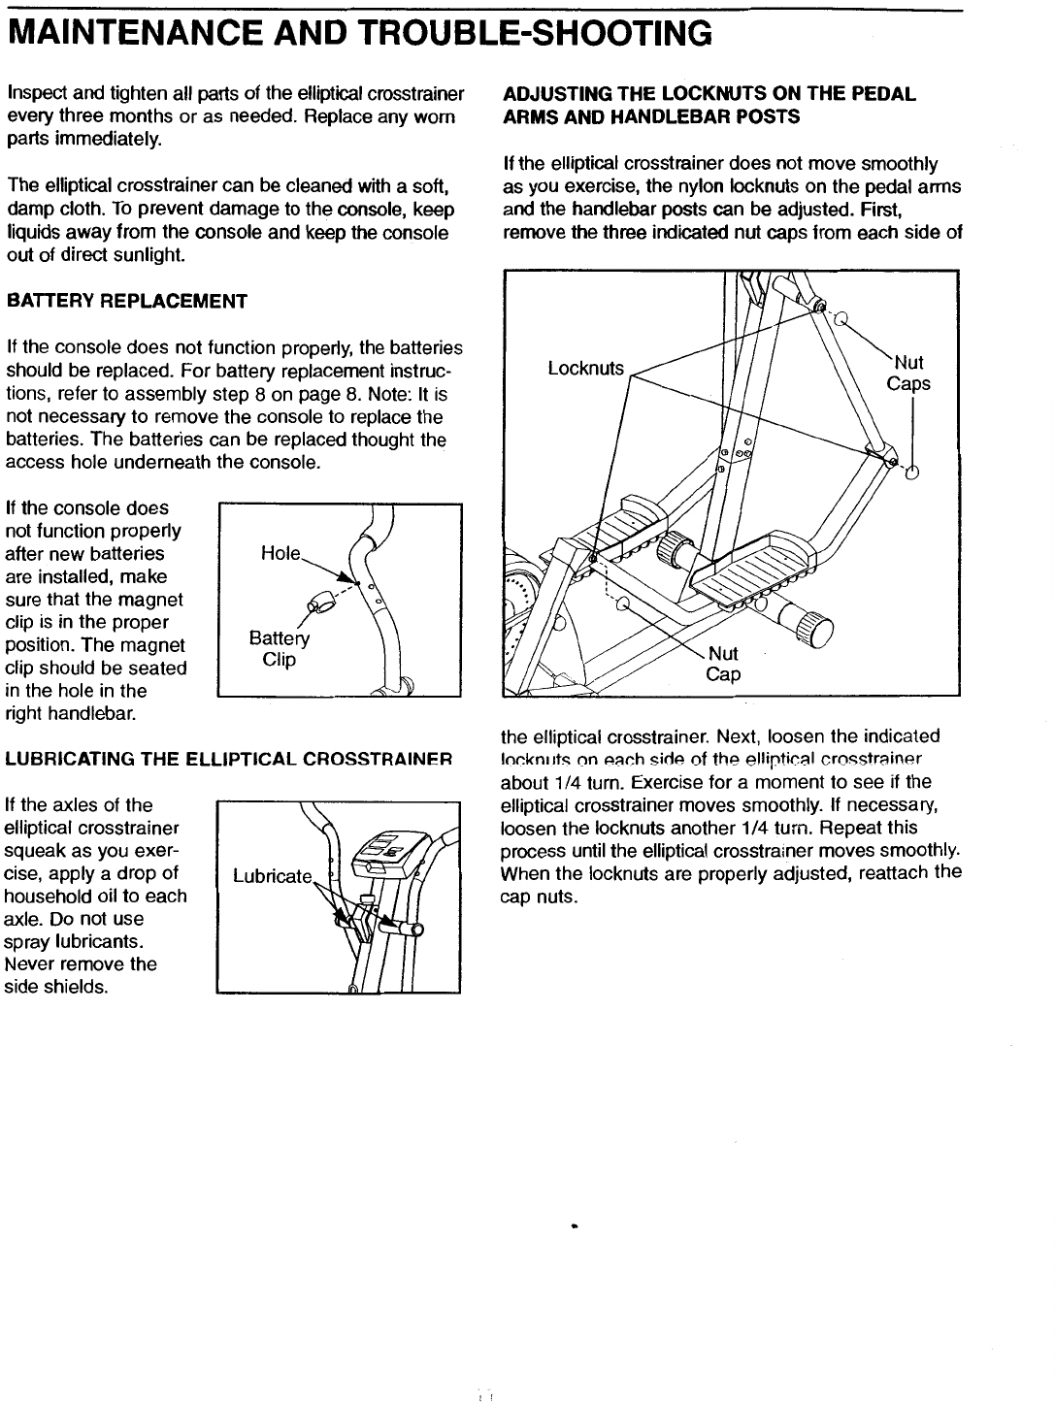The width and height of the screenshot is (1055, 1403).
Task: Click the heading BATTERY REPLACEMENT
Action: tap(127, 301)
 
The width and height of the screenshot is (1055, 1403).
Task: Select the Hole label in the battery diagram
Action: tap(281, 553)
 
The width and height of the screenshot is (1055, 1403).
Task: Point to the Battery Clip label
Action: tap(279, 649)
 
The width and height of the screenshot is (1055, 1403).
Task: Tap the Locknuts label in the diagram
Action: tap(585, 369)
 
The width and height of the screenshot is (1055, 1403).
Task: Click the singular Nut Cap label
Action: tap(723, 664)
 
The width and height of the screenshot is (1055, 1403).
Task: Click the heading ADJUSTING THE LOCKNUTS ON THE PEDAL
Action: tap(709, 94)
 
